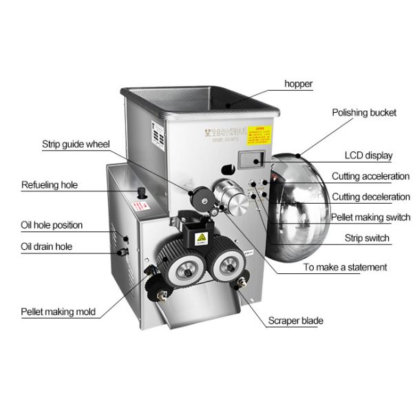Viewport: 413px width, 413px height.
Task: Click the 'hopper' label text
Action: click(x=299, y=84)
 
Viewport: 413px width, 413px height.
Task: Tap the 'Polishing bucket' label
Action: click(x=364, y=112)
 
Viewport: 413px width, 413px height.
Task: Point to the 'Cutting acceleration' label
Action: click(x=370, y=176)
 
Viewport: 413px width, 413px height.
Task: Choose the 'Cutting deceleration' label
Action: click(x=370, y=197)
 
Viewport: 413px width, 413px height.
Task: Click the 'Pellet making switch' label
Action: click(x=370, y=218)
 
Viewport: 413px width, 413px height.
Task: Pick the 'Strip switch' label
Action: click(x=367, y=239)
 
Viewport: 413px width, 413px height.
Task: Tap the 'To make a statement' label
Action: click(x=346, y=267)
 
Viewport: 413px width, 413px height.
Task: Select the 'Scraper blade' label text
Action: click(x=296, y=321)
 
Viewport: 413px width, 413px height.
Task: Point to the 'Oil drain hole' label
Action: click(x=46, y=246)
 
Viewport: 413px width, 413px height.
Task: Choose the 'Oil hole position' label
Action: click(x=52, y=225)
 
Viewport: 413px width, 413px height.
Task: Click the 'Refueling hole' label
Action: click(x=50, y=184)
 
